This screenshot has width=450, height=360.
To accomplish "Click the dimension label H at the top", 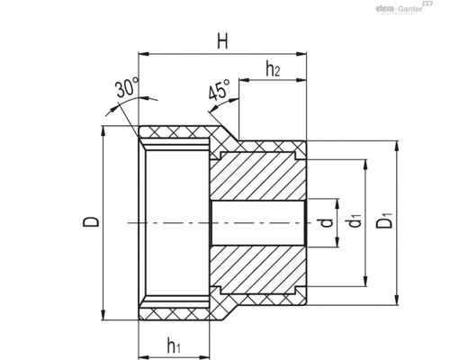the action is pyautogui.click(x=222, y=41).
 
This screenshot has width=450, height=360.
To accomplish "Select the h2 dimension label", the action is pyautogui.click(x=273, y=68).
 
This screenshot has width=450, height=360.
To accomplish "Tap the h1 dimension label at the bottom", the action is pyautogui.click(x=174, y=346).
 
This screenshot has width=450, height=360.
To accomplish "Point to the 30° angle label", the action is pyautogui.click(x=127, y=87).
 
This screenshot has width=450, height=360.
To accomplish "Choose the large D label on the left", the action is pyautogui.click(x=91, y=221).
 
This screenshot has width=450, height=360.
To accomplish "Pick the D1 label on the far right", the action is pyautogui.click(x=384, y=220).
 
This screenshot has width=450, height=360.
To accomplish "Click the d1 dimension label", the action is pyautogui.click(x=355, y=220).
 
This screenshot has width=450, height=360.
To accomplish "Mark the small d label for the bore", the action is pyautogui.click(x=327, y=222).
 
